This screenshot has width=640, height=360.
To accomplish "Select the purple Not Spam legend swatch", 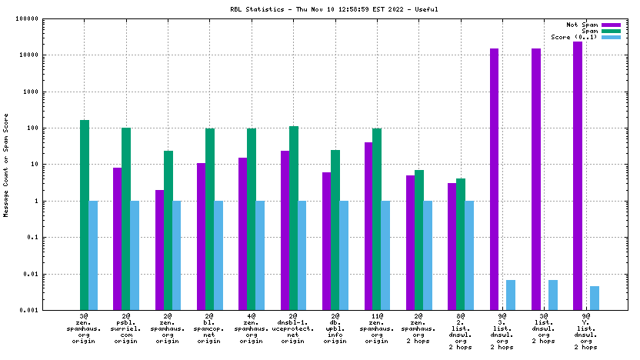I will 611,25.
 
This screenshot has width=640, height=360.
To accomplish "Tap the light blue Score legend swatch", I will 611,37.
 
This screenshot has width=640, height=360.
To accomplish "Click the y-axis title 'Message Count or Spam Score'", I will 7,165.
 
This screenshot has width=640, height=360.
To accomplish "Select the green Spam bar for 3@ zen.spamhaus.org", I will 85,215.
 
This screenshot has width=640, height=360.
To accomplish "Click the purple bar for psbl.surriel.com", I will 117,238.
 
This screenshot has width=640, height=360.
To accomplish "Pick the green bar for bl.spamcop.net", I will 210,219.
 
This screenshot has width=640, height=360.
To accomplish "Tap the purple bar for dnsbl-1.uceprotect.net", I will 285,230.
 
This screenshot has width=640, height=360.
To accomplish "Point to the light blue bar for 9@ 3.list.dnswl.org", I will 511,295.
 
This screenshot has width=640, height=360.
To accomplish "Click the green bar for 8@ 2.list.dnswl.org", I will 461,244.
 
